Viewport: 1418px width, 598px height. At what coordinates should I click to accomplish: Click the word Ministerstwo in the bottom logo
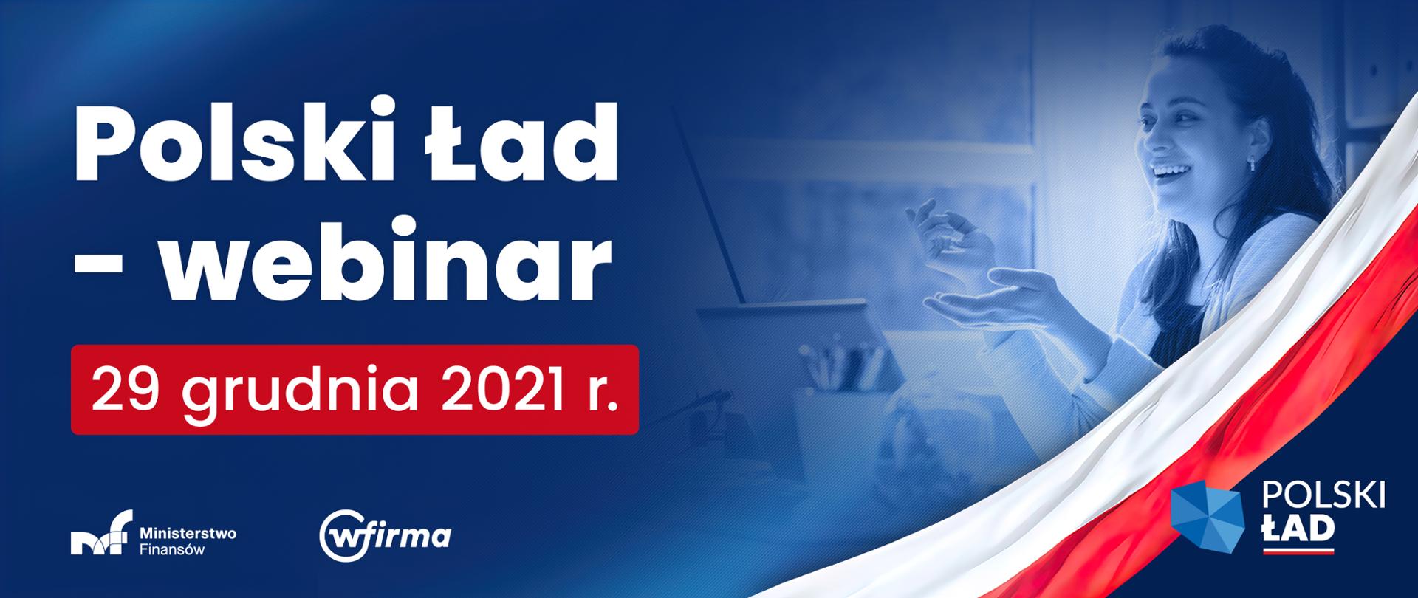click(188, 532)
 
